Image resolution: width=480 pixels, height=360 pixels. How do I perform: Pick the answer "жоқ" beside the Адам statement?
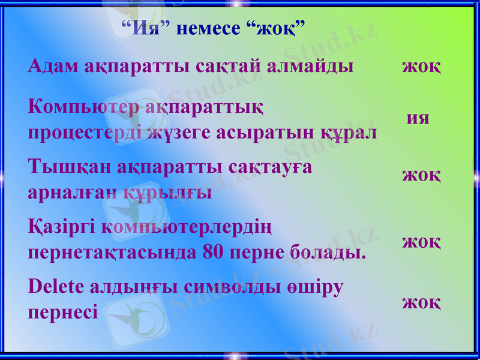[421, 65]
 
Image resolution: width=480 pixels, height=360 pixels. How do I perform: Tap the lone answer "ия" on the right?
[418, 118]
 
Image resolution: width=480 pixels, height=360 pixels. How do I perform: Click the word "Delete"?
[56, 287]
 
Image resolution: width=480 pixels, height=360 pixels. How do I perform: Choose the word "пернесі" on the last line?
[62, 313]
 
